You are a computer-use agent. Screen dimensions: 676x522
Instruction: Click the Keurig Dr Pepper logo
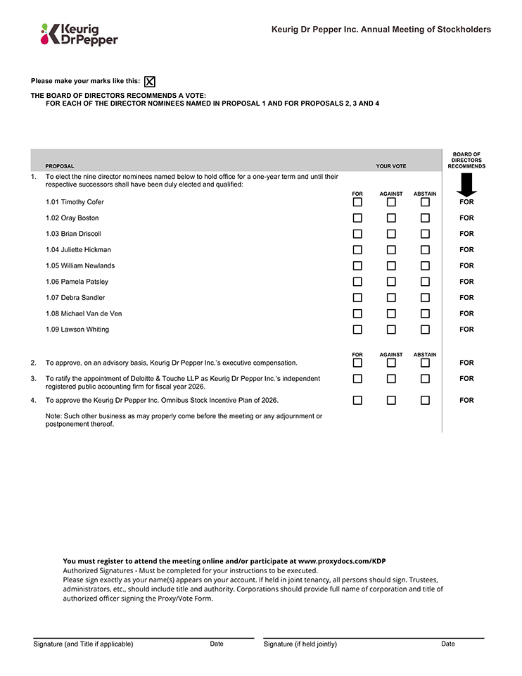(x=79, y=34)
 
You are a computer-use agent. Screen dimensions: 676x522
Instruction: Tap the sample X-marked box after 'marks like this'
(x=150, y=82)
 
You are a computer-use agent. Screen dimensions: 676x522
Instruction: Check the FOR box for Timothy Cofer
(x=357, y=202)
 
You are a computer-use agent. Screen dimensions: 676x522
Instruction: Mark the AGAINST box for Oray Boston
(x=391, y=218)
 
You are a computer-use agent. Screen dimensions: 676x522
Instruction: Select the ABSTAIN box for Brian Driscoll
(x=425, y=234)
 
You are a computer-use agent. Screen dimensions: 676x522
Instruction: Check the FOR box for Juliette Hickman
(x=357, y=250)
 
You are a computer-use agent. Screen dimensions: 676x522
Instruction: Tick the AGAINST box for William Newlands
(x=391, y=266)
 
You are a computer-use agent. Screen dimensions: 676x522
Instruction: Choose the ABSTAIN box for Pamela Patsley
(x=425, y=282)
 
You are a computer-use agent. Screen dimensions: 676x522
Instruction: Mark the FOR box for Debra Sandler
(x=357, y=298)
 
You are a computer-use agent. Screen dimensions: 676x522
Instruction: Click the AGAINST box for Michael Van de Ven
(x=391, y=314)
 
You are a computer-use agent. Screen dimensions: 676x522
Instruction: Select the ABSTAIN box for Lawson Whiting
(x=425, y=330)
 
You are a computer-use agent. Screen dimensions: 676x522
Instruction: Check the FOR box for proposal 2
(x=357, y=363)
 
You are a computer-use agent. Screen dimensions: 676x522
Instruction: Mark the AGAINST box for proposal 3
(x=391, y=379)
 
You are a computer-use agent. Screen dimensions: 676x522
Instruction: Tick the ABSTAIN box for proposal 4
(x=425, y=401)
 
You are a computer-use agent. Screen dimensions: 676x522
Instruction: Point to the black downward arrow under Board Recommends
(x=466, y=185)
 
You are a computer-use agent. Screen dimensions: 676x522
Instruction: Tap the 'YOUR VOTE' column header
(x=390, y=167)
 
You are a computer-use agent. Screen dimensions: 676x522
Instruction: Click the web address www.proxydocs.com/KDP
(x=342, y=561)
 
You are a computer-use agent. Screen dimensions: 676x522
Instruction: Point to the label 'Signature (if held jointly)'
(x=300, y=644)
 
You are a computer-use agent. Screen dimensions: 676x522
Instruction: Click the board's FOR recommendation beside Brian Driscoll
(x=466, y=234)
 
